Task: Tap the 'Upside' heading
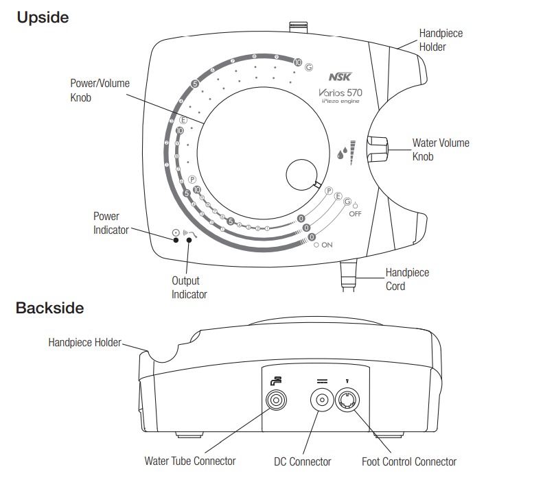click(x=43, y=18)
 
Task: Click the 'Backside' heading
click(x=49, y=308)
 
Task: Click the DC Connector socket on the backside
click(x=322, y=400)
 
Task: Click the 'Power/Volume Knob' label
click(x=100, y=91)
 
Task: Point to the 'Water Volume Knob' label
click(x=440, y=149)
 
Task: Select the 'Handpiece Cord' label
click(x=407, y=279)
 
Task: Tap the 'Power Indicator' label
click(x=111, y=223)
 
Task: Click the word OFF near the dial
click(x=355, y=214)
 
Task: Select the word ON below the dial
click(x=327, y=245)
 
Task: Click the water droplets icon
click(x=342, y=153)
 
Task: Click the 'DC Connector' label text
click(x=302, y=461)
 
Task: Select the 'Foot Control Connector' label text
click(x=409, y=461)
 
